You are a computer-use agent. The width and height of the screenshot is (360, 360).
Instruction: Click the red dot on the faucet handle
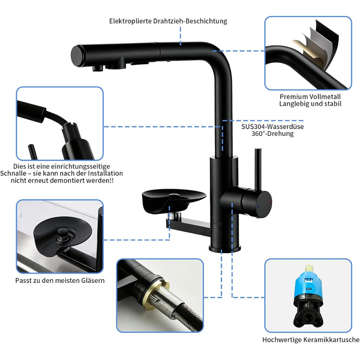[270, 203]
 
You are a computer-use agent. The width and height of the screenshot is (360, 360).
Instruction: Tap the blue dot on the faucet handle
[259, 206]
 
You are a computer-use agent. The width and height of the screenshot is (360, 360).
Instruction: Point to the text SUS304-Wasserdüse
[273, 127]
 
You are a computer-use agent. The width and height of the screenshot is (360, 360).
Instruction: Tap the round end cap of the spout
[77, 56]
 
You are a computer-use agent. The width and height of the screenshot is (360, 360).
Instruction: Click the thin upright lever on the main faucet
[258, 170]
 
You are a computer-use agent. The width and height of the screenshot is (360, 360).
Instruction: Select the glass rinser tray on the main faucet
[174, 197]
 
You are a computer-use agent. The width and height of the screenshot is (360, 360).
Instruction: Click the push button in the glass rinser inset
[62, 234]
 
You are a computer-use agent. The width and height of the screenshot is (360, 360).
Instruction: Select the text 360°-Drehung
[273, 134]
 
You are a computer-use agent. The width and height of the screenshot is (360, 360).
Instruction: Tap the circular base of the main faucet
[225, 248]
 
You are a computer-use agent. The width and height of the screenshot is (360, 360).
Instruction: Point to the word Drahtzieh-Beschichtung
[190, 21]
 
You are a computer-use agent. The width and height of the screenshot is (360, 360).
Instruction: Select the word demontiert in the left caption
[67, 181]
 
